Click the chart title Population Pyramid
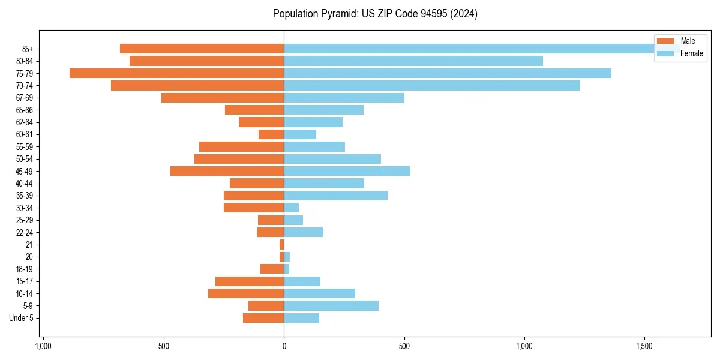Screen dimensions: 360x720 375,14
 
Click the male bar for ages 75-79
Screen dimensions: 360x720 176,73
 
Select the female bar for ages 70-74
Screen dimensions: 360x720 431,86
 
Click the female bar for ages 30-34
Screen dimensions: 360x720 291,208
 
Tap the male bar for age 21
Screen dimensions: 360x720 281,244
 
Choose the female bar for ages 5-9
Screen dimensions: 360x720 331,305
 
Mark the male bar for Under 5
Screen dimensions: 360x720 263,318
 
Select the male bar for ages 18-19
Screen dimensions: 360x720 272,269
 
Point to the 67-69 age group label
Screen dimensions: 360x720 24,98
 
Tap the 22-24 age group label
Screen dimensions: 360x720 24,232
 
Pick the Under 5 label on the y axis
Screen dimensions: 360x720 21,318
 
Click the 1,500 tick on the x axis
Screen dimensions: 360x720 644,347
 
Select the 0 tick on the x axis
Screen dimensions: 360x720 284,347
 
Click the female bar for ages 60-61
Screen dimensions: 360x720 300,134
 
